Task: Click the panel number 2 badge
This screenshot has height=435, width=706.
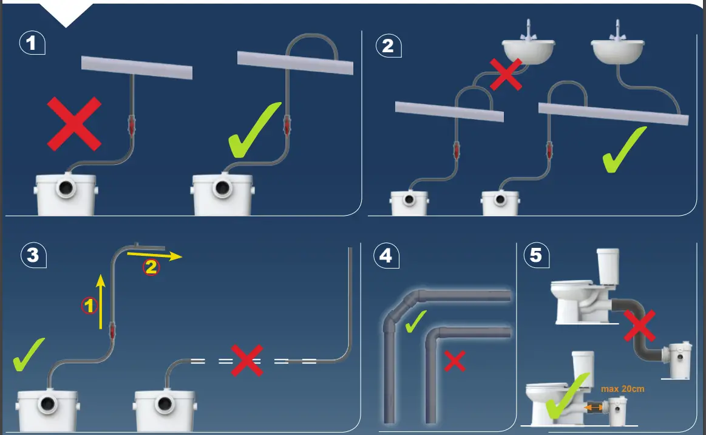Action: pyautogui.click(x=387, y=45)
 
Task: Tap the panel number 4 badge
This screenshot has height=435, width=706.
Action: pyautogui.click(x=385, y=256)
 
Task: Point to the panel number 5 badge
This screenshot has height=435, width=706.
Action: pyautogui.click(x=535, y=255)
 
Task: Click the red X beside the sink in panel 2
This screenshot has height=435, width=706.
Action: pyautogui.click(x=506, y=75)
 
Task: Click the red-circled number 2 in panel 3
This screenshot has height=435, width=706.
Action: pyautogui.click(x=150, y=267)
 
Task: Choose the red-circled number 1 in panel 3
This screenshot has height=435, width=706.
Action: pyautogui.click(x=89, y=306)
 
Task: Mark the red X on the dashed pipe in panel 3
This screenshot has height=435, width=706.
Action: pyautogui.click(x=246, y=360)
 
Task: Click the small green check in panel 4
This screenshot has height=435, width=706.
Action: pyautogui.click(x=415, y=321)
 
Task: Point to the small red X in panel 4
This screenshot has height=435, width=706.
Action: pyautogui.click(x=455, y=361)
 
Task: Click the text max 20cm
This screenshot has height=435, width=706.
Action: pyautogui.click(x=622, y=388)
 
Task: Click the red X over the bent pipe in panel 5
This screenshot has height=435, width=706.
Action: pyautogui.click(x=639, y=326)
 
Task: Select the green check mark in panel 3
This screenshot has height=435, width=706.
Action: pyautogui.click(x=29, y=354)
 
